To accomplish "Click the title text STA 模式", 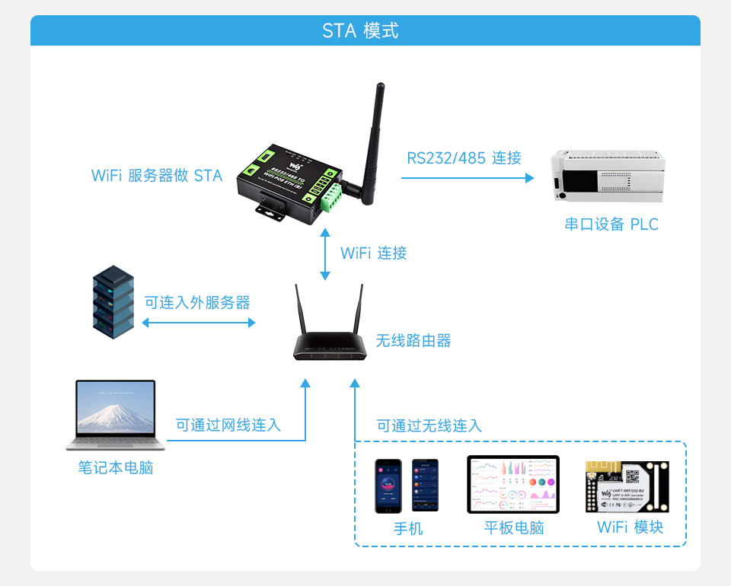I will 360,31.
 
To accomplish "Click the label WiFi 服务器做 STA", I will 157,176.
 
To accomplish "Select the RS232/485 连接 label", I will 464,158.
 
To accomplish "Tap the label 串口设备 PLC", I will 611,225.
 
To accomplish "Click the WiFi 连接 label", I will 374,253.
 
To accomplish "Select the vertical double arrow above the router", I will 326,253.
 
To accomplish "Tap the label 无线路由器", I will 413,341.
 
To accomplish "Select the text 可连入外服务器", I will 197,303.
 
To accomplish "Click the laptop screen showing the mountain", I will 116,409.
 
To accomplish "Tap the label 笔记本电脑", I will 116,467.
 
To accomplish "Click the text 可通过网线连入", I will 228,425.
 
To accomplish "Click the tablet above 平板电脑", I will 512,484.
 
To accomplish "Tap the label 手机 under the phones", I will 408,528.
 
